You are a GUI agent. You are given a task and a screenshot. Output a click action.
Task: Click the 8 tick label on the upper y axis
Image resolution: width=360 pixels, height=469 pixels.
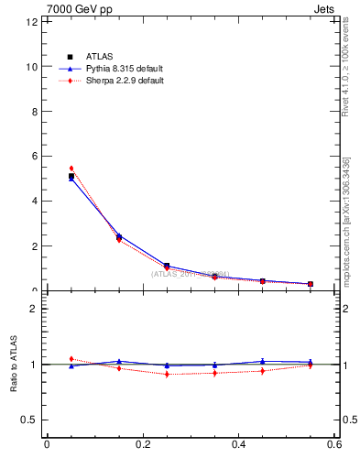click(34, 112)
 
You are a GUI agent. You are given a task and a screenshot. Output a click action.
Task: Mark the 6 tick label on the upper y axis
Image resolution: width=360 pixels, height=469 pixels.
click(34, 157)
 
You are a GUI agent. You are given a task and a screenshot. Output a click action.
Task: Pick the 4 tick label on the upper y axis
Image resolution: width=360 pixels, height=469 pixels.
click(34, 202)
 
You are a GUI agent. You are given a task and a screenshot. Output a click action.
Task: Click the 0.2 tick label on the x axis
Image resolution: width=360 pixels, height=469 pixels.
click(142, 445)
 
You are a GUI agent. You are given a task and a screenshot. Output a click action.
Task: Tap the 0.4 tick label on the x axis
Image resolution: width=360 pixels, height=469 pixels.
click(238, 445)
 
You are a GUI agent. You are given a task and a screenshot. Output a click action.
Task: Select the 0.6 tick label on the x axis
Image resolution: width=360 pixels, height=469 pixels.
click(334, 445)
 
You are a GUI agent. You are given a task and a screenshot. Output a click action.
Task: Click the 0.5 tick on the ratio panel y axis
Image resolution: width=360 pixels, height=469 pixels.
click(30, 420)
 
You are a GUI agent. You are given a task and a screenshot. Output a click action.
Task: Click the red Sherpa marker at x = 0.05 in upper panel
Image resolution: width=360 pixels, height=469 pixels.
click(71, 169)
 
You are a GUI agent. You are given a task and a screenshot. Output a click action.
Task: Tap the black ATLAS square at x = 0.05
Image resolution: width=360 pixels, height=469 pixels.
click(71, 176)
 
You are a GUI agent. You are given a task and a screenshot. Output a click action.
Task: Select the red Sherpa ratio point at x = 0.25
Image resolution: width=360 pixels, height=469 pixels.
click(167, 374)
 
